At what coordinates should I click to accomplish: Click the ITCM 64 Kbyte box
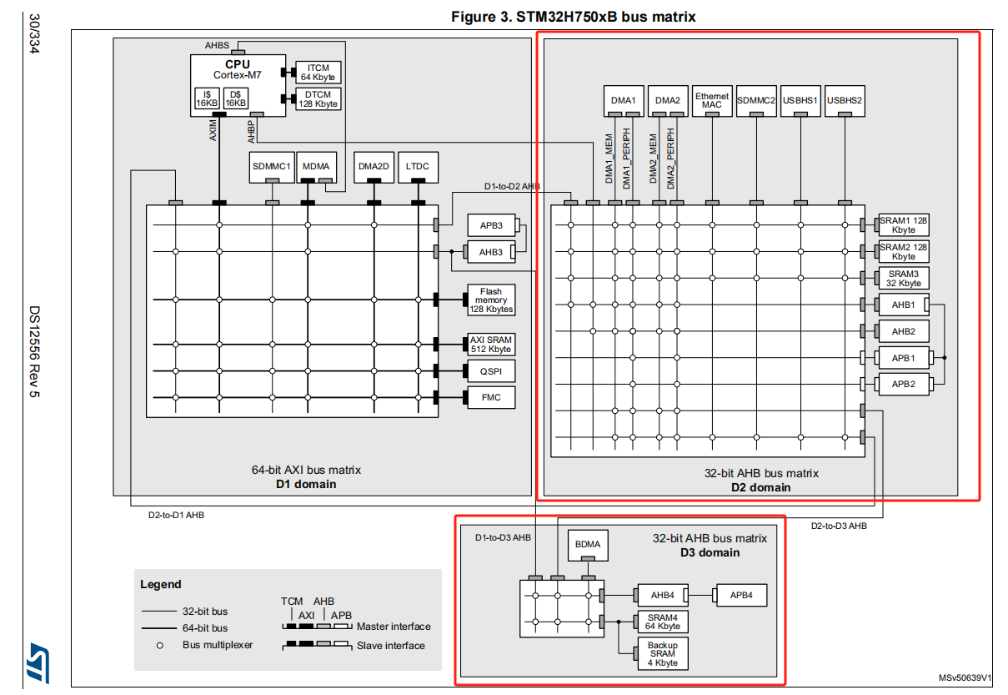point(318,73)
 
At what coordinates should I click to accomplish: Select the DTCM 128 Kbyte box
point(318,99)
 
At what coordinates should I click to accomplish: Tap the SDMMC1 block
point(272,167)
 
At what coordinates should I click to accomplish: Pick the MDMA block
point(316,167)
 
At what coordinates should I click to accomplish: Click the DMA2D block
point(374,167)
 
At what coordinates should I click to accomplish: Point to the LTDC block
point(418,167)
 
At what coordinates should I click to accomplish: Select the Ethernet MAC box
point(712,101)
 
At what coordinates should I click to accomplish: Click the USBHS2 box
point(845,101)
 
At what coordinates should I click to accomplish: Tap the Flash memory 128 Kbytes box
point(491,300)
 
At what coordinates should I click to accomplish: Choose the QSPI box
point(491,371)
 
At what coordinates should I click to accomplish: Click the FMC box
point(491,398)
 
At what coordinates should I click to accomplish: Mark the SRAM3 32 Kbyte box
point(904,279)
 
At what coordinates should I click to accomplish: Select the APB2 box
point(904,384)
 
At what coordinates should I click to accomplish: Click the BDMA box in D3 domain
point(588,545)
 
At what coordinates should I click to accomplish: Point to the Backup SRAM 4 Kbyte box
point(663,653)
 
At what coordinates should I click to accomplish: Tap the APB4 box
point(741,596)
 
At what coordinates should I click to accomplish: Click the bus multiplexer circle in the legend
point(160,646)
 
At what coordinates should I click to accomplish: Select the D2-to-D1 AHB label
point(177,515)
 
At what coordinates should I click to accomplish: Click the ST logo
point(38,662)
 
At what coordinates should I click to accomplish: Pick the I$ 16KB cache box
point(207,98)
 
